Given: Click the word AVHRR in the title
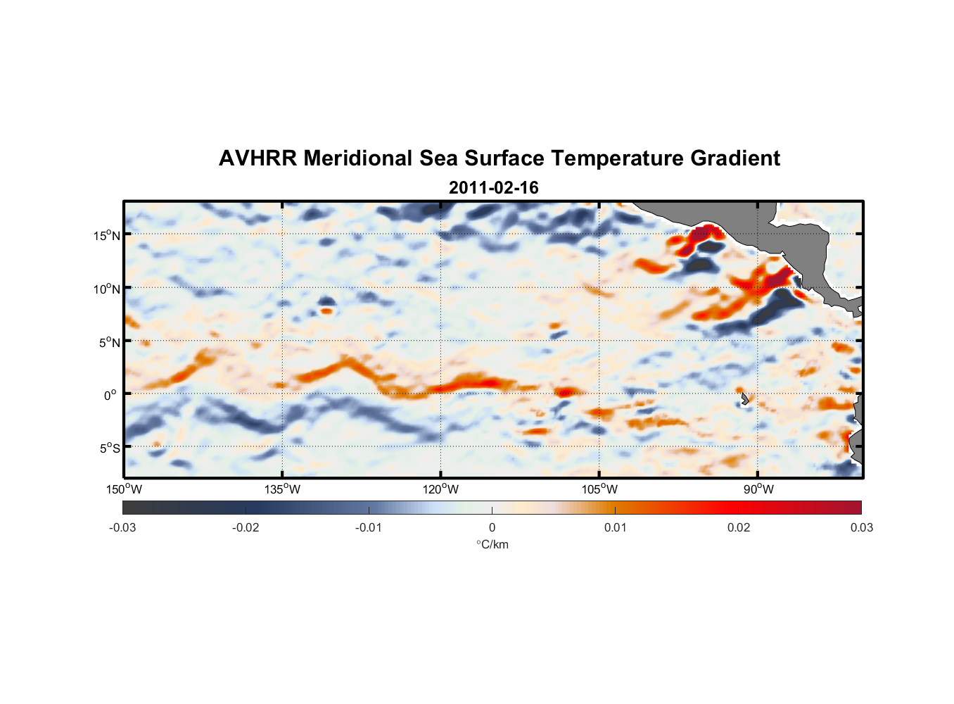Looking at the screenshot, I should pos(257,158).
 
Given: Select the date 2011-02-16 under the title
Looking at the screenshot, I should pos(493,188).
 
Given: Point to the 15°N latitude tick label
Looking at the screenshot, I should pos(107,235).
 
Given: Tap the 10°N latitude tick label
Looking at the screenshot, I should pos(107,289).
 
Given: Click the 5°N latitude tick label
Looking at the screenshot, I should pos(110,342).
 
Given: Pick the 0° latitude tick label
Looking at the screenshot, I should pos(110,395).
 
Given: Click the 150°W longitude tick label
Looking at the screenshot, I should pos(124,489).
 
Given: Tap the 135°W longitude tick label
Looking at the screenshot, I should pos(283,489).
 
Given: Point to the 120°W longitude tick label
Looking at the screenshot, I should pos(441,489).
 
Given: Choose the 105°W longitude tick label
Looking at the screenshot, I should pos(599,489).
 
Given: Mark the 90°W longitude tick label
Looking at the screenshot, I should pos(758,489).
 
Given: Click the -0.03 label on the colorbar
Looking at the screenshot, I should pos(122,527).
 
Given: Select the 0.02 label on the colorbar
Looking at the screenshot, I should pos(739,527).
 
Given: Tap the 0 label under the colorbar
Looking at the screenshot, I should pos(492,527).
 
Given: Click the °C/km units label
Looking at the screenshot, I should pos(492,544).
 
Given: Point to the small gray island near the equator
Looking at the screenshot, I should pos(744,399).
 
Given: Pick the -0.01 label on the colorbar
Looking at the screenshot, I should pos(369,527).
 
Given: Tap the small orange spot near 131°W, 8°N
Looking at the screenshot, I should pos(326,310).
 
